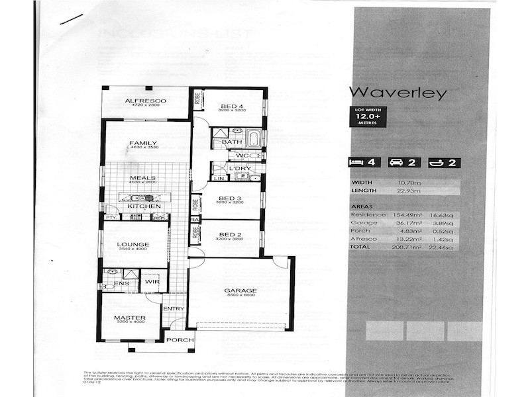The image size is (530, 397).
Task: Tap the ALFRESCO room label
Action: pyautogui.click(x=145, y=101)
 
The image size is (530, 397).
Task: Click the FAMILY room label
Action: pyautogui.click(x=143, y=143)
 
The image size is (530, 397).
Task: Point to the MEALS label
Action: pyautogui.click(x=143, y=177)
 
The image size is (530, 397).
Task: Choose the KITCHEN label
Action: pyautogui.click(x=144, y=207)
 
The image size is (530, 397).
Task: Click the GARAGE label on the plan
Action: pyautogui.click(x=240, y=290)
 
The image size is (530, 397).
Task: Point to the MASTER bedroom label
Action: pyautogui.click(x=130, y=318)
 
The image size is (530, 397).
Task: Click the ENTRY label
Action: pyautogui.click(x=174, y=308)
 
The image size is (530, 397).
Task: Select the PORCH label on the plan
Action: pyautogui.click(x=180, y=340)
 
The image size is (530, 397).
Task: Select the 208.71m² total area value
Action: pyautogui.click(x=402, y=247)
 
